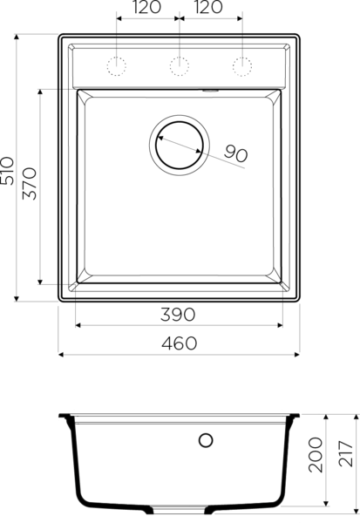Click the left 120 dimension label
click(x=146, y=7)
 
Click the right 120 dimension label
click(x=208, y=7)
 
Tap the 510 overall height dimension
click(x=7, y=171)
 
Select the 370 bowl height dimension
click(x=30, y=183)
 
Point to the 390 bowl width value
click(x=178, y=315)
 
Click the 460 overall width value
click(x=180, y=343)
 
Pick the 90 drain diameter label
click(x=235, y=153)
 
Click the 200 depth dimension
click(x=316, y=455)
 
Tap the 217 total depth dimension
click(x=346, y=453)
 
